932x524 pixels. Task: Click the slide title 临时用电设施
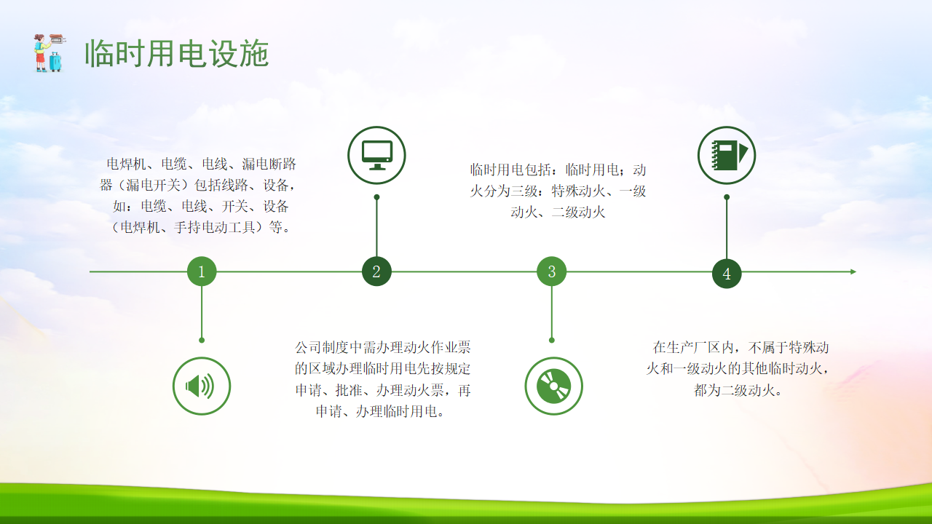(x=177, y=53)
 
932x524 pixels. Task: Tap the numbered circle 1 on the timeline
(x=202, y=271)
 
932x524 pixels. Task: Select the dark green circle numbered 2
(x=376, y=271)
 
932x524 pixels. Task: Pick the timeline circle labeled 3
(x=552, y=271)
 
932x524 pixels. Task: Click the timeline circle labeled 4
(x=727, y=274)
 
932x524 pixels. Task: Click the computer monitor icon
(x=376, y=155)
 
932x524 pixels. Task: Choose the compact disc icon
(x=554, y=386)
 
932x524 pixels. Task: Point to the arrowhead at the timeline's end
(x=853, y=271)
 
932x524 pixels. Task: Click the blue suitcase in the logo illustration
(x=55, y=62)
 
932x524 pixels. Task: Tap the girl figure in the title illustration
(x=41, y=53)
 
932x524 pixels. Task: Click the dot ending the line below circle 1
(x=202, y=340)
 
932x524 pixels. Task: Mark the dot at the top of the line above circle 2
(x=376, y=197)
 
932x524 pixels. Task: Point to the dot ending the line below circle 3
(x=552, y=340)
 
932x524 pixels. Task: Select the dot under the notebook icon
(x=727, y=197)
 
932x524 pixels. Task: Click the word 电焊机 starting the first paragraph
(x=127, y=164)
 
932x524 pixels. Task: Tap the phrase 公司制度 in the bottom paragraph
(x=322, y=347)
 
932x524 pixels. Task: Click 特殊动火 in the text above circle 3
(x=578, y=191)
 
